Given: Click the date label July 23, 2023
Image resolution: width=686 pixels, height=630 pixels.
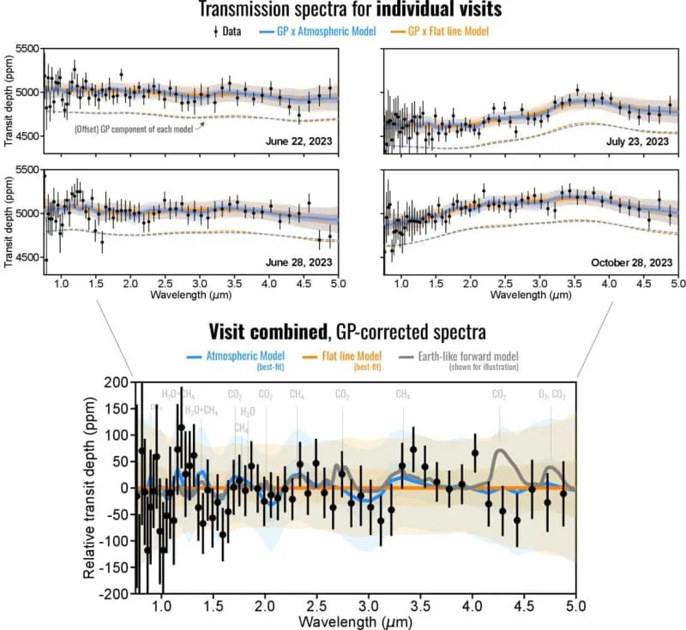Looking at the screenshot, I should [x=634, y=140].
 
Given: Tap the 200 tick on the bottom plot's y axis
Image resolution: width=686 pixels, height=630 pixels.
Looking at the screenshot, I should [x=115, y=382].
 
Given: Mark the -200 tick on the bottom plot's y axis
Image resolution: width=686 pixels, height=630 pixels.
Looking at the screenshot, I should [x=112, y=593].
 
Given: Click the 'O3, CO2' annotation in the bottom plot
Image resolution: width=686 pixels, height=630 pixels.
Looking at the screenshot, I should [x=551, y=394].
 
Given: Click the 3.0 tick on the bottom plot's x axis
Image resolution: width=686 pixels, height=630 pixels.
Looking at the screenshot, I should [x=369, y=603].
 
